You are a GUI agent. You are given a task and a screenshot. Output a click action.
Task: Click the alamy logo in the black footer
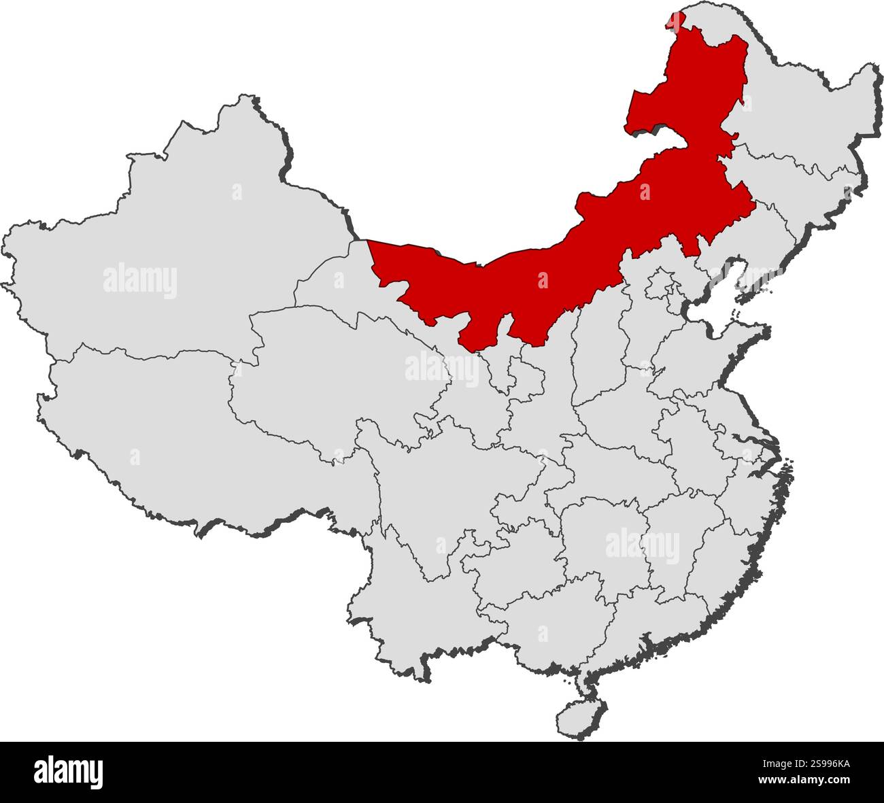coord(69,772)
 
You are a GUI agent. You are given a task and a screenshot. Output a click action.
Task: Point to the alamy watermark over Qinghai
coord(442,368)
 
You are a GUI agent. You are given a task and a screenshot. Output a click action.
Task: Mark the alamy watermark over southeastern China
coord(642,546)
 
